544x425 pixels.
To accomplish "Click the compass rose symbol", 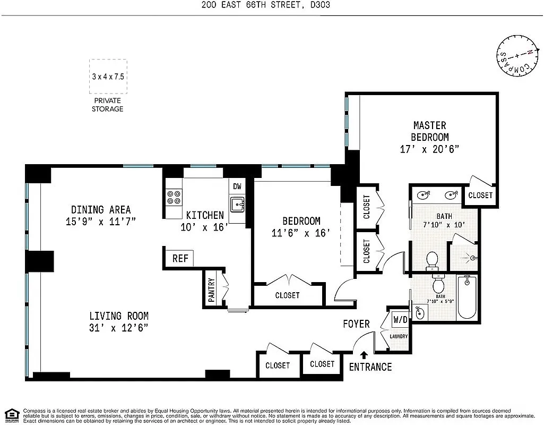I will [x=515, y=56].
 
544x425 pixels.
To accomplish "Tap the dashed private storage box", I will [x=108, y=76].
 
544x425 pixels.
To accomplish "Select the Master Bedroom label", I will [x=429, y=131].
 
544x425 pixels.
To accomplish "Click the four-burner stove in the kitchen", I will [x=174, y=198].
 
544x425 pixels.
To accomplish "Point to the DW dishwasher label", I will [x=237, y=186].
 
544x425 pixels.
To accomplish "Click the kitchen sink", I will [x=237, y=203].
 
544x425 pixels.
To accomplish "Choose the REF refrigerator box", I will [x=180, y=259].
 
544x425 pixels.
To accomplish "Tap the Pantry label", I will [x=211, y=291].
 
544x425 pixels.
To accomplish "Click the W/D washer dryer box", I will [x=399, y=320].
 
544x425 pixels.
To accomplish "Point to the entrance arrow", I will [x=364, y=355].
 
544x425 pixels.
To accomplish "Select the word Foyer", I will [x=356, y=324].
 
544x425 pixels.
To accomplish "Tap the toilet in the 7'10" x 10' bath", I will [x=432, y=260].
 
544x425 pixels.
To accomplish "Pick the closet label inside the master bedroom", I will [x=480, y=195].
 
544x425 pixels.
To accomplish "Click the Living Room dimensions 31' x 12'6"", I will [x=118, y=328].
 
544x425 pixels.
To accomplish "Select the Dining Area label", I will [x=101, y=209].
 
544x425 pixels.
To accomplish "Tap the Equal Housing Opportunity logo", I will [x=12, y=415].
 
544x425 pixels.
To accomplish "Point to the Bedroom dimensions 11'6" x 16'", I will [x=301, y=232].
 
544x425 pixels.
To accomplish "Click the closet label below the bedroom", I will [x=287, y=295].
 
